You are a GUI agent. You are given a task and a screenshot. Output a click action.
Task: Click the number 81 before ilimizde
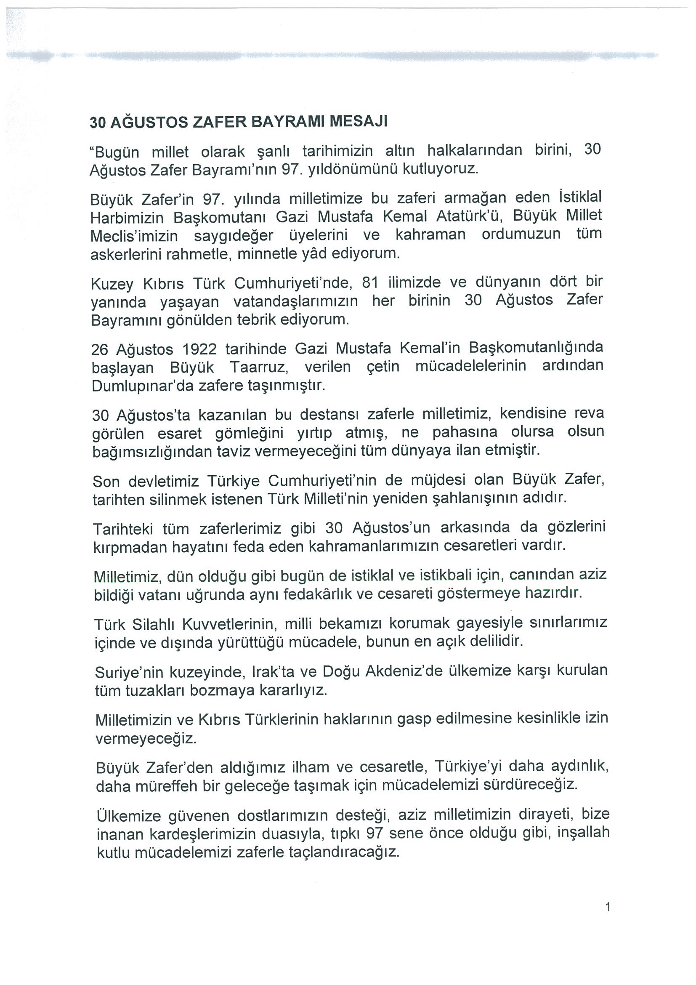[371, 283]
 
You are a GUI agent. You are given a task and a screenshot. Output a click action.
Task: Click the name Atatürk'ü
[468, 216]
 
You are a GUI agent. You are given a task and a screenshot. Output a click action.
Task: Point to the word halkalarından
[475, 150]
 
